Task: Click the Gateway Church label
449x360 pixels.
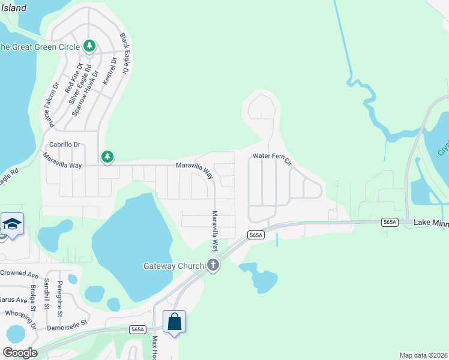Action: coord(173,266)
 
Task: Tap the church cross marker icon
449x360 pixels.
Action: coord(212,265)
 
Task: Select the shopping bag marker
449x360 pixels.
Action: coord(174,322)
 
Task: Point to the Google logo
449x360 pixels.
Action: coord(19,353)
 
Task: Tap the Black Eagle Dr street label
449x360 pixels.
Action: coord(124,54)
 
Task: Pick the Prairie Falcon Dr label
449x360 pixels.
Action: coord(51,105)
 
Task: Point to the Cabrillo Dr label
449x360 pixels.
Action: coord(65,145)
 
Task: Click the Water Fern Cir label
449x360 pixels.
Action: coord(272,158)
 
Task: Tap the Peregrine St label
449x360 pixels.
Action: coord(60,298)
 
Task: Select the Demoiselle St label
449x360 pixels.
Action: coord(67,322)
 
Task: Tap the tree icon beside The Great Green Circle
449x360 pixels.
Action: coord(89,45)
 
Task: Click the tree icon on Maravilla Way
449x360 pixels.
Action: coord(107,157)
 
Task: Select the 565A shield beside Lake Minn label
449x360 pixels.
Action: coord(390,222)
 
